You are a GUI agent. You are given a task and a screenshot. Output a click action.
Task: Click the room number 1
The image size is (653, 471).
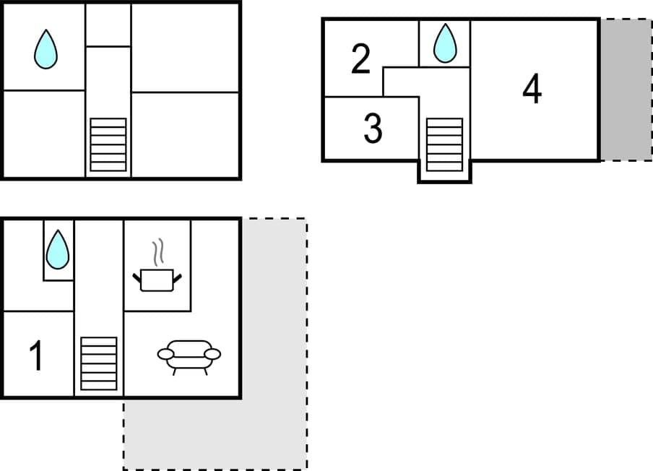pos(36,356)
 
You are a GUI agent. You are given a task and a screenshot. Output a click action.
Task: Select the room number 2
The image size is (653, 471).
pos(361,59)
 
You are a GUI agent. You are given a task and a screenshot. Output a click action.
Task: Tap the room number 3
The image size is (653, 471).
pos(373,129)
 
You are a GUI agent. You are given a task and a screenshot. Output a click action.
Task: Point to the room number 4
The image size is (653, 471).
pos(532,90)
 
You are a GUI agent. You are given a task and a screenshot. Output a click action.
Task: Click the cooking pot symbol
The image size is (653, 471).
pos(157,279)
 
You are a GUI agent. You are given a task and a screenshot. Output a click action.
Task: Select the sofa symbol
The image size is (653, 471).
pos(189,355)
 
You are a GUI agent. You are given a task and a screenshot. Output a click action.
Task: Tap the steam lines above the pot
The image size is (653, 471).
pos(157,254)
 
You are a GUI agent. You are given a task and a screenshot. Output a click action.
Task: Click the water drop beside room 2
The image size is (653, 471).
pos(445,43)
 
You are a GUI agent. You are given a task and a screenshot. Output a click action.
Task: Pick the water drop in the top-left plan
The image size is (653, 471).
pos(46,49)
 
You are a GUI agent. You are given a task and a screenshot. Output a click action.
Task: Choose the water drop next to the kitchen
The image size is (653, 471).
pos(57,250)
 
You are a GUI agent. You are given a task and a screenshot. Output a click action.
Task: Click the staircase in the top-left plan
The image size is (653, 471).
pos(108,144)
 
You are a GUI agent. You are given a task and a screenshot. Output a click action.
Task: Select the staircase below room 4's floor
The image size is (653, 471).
pos(444,144)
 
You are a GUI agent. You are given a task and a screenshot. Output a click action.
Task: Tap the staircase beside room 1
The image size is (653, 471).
pos(98,363)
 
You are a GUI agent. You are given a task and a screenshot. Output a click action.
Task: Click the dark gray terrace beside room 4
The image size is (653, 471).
pos(626,90)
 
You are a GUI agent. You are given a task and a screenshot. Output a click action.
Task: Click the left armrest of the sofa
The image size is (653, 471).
pos(166,354)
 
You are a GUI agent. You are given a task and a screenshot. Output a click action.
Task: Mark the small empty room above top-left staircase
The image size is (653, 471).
pos(108,25)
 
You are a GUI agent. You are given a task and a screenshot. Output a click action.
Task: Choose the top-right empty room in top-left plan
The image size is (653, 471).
pos(186,47)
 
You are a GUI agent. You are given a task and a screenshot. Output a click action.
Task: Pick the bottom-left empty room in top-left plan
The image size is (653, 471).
pos(44,134)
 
